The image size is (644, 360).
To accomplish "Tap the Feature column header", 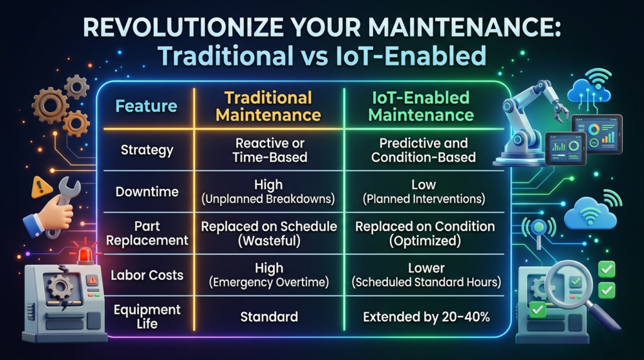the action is point(146,106).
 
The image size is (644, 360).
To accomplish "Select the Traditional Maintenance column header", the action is point(268,106).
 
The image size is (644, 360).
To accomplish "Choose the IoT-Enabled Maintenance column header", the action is point(421,106).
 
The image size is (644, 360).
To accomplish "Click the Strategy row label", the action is point(147,150).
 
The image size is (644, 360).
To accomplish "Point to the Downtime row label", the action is point(147,191).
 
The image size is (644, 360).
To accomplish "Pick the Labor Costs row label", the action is point(147,275).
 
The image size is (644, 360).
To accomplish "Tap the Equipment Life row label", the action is point(147,317).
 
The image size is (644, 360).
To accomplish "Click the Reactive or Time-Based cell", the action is point(269,150).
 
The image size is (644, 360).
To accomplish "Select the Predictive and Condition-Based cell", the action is point(423,150).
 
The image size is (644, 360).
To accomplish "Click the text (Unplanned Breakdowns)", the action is point(268,199).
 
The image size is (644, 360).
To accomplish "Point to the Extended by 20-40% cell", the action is point(426,317).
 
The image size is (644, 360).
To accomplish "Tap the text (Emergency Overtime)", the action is point(269,283).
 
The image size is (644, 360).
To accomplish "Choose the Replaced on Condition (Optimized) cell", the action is point(425,233).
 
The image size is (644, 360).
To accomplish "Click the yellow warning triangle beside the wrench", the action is point(42,187).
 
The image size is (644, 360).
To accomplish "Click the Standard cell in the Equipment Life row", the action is point(269,317).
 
